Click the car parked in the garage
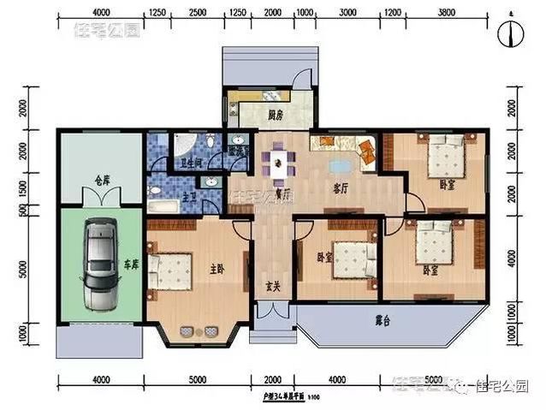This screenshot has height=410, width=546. point(100,265)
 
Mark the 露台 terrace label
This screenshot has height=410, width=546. point(385,323)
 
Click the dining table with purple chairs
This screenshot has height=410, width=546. point(277,163)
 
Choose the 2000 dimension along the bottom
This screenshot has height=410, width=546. point(273,380)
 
